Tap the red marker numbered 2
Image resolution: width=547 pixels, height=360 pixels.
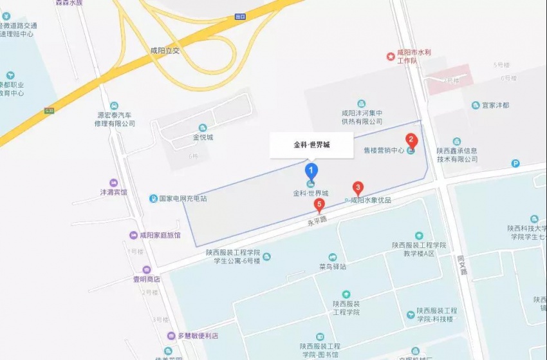[410, 140]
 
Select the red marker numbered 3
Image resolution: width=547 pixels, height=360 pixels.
[358, 188]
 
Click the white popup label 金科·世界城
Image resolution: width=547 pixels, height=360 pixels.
[311, 145]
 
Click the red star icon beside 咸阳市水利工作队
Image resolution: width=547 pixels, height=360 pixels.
[390, 57]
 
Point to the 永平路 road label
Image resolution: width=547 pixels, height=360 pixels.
[316, 221]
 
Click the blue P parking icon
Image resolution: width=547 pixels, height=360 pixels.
[515, 164]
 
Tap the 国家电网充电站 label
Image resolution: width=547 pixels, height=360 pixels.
[182, 199]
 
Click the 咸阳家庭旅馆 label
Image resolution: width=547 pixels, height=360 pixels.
[160, 235]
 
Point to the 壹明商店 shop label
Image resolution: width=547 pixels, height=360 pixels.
[146, 279]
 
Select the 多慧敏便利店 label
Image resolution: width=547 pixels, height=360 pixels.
[198, 336]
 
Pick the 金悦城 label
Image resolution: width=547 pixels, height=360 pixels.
[203, 137]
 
